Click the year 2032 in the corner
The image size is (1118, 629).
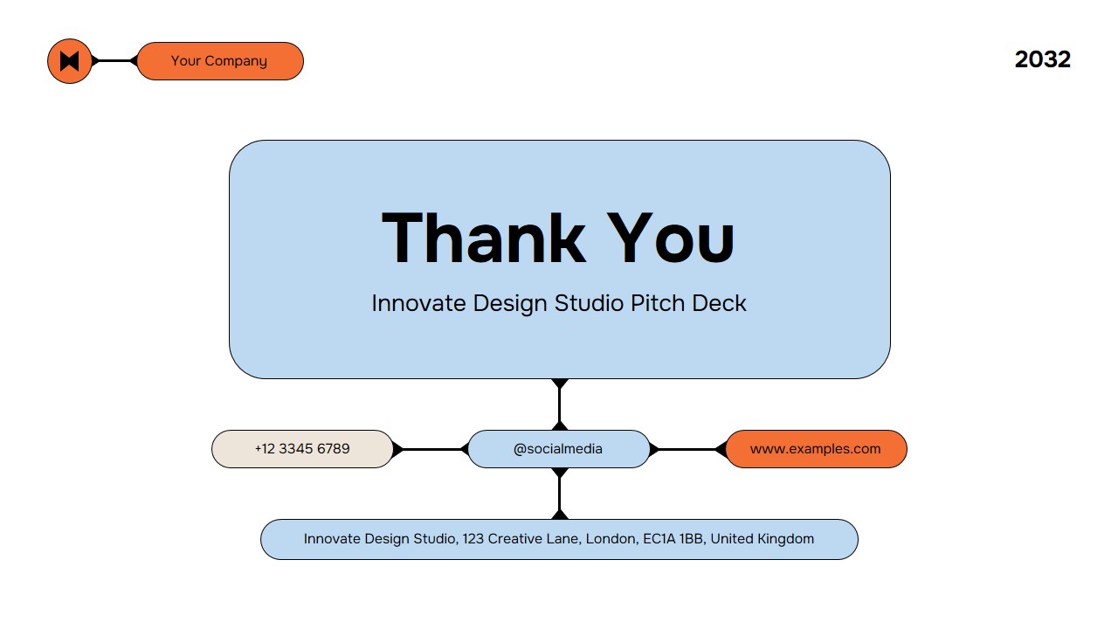(x=1042, y=59)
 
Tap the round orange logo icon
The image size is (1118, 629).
(x=70, y=61)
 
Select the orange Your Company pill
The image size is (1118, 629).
(x=219, y=61)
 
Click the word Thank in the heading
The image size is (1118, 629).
(x=483, y=238)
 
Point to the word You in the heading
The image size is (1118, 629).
(x=671, y=238)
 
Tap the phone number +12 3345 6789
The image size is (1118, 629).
(x=302, y=449)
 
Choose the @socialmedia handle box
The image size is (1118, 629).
(x=558, y=449)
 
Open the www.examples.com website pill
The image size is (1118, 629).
(x=816, y=449)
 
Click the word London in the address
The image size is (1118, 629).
(x=611, y=539)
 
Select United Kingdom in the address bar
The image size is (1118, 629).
(x=762, y=539)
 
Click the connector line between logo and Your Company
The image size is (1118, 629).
(x=112, y=61)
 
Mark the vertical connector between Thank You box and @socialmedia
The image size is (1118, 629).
(x=560, y=404)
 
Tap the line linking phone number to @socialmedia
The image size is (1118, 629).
(x=431, y=449)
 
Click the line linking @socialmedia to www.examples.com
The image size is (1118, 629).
(x=687, y=449)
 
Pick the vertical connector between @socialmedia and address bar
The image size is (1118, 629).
(x=560, y=494)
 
